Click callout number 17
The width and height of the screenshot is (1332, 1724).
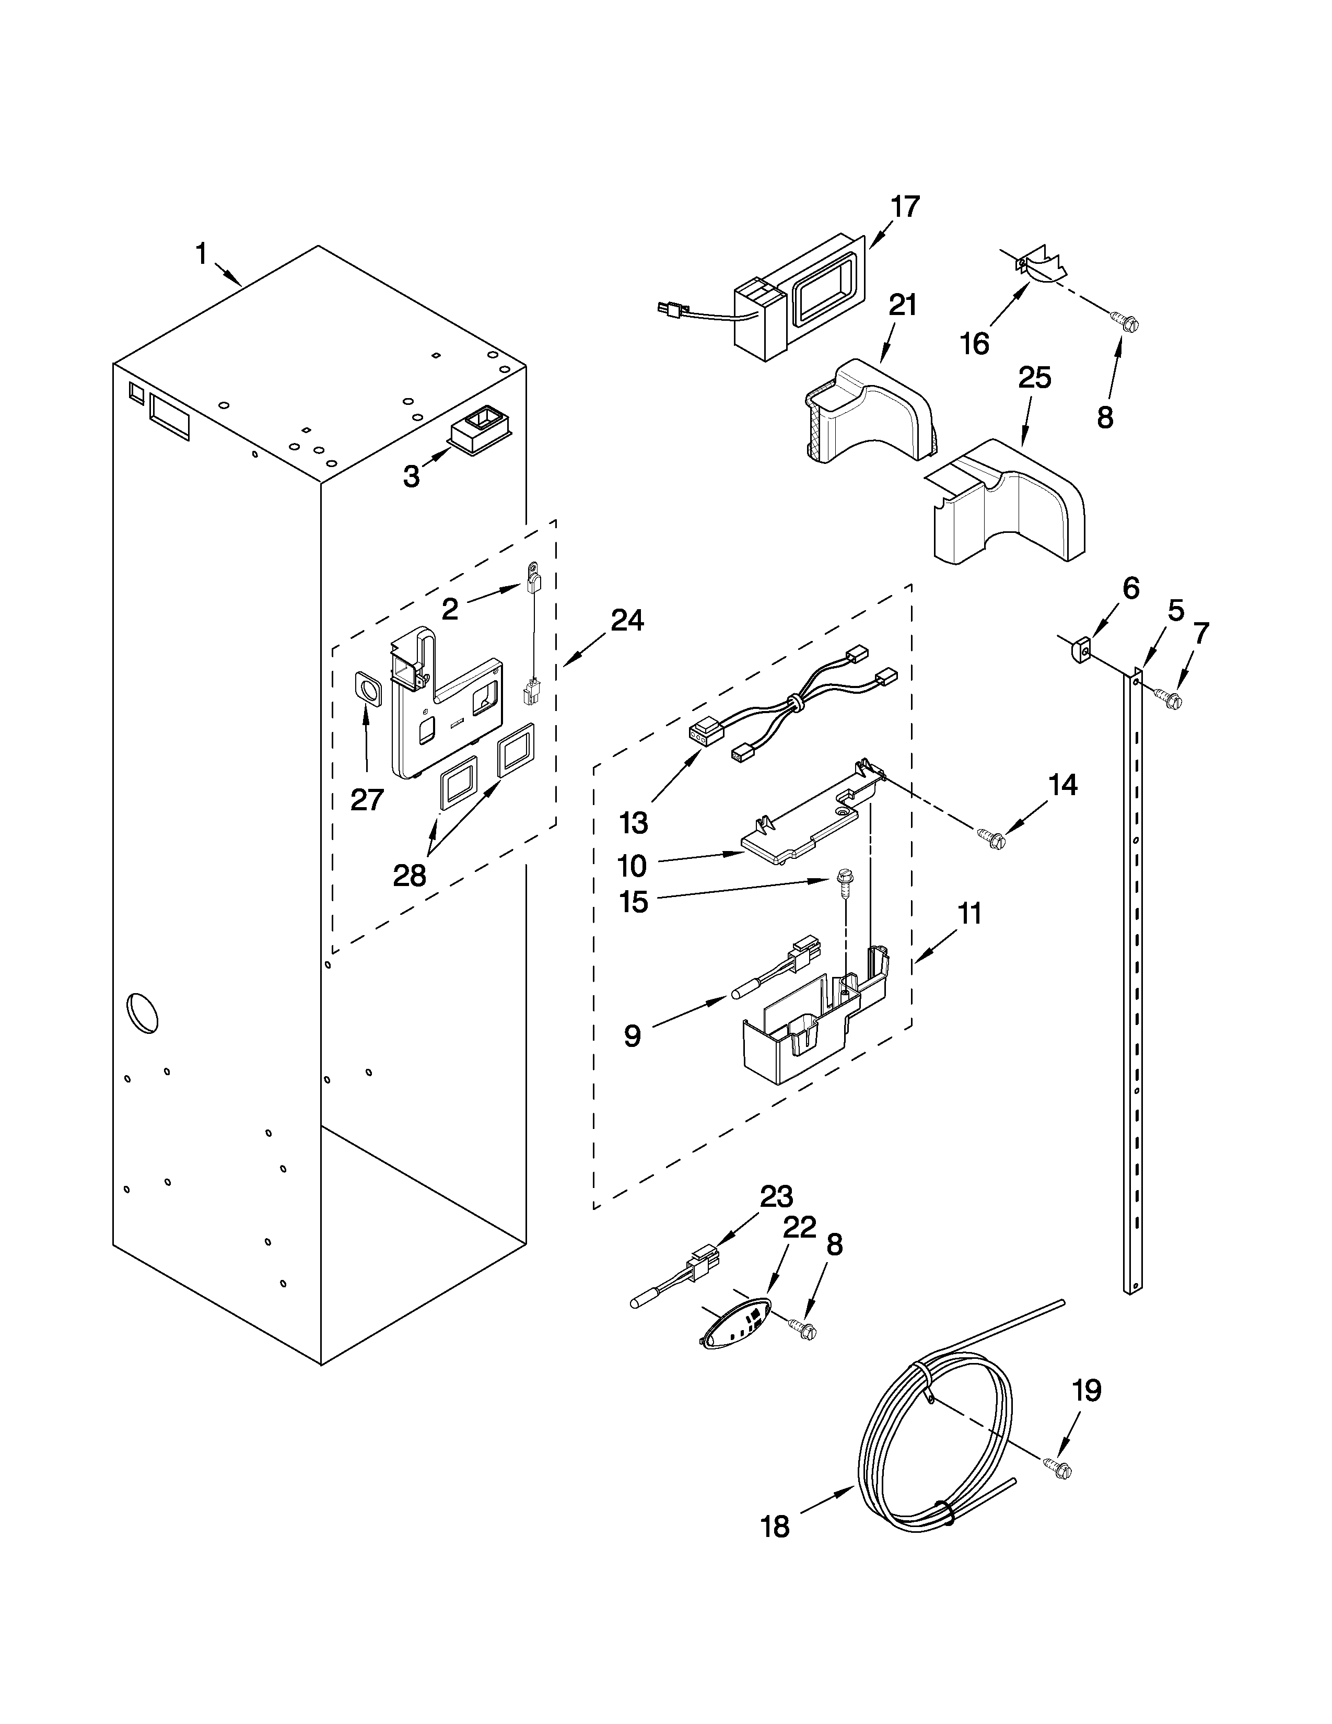(905, 207)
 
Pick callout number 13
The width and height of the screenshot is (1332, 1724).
(634, 822)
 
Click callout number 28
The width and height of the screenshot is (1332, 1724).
(410, 875)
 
